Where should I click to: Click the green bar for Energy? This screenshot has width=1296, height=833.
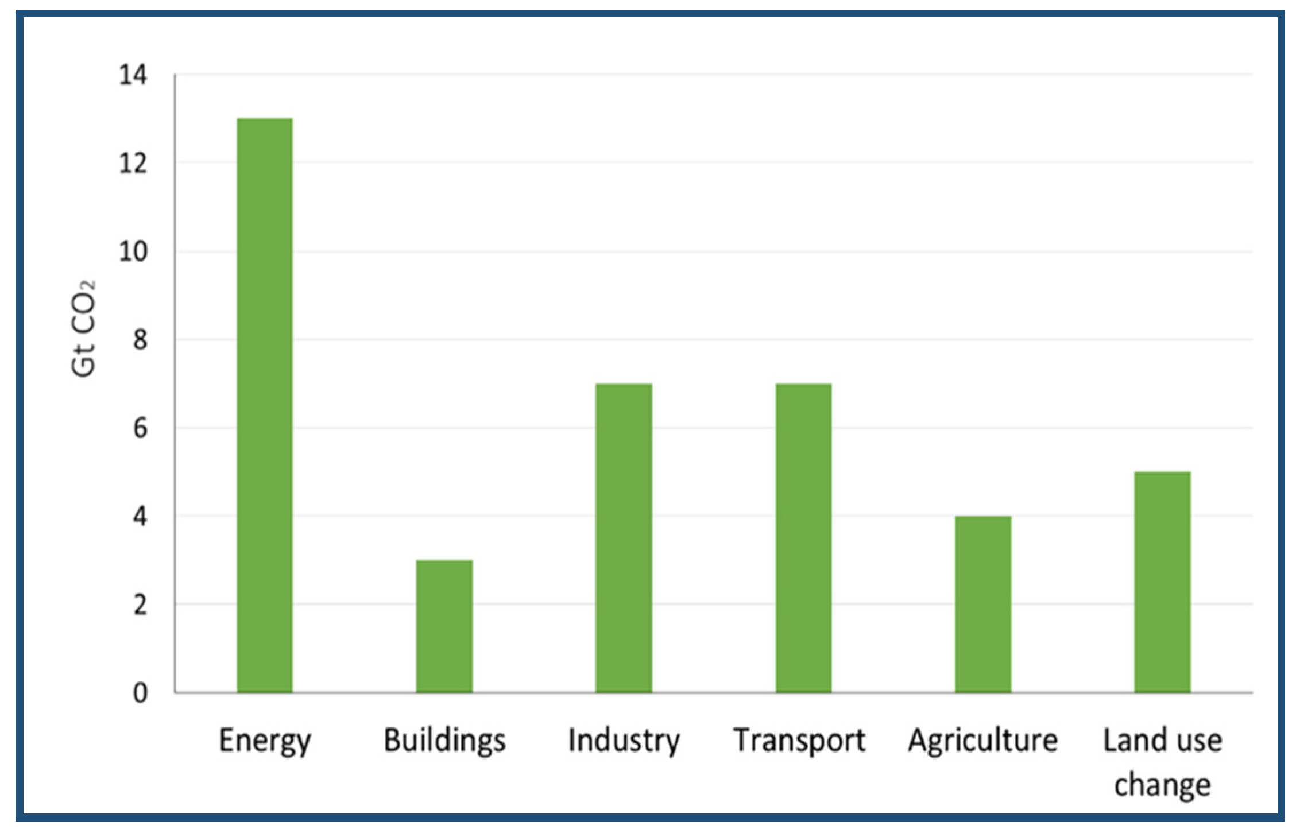pyautogui.click(x=265, y=405)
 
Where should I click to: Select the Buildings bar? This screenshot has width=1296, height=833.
pyautogui.click(x=444, y=626)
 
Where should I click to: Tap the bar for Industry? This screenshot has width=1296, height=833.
pyautogui.click(x=624, y=538)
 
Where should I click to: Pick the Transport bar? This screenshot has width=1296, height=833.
pyautogui.click(x=803, y=538)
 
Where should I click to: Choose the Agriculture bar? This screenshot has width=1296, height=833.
pyautogui.click(x=983, y=604)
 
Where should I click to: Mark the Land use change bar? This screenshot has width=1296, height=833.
pyautogui.click(x=1162, y=582)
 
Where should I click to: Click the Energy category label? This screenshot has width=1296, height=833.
pyautogui.click(x=265, y=741)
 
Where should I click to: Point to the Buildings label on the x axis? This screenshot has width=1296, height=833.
pyautogui.click(x=444, y=741)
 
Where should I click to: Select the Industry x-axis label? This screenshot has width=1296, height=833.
pyautogui.click(x=624, y=741)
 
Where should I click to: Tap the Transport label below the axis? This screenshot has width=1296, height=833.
pyautogui.click(x=799, y=741)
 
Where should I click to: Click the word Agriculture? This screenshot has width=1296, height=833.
pyautogui.click(x=982, y=741)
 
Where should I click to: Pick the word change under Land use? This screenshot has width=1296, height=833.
pyautogui.click(x=1162, y=785)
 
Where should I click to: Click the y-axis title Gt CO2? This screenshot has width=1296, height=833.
pyautogui.click(x=84, y=329)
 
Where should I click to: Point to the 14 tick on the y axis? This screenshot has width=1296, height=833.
pyautogui.click(x=133, y=75)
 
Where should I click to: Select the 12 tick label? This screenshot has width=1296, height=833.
pyautogui.click(x=133, y=164)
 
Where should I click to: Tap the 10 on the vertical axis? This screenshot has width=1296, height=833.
pyautogui.click(x=133, y=252)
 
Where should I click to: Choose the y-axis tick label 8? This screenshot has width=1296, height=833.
pyautogui.click(x=140, y=340)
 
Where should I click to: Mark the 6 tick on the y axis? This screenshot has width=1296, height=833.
pyautogui.click(x=140, y=428)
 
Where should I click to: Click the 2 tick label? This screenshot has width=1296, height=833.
pyautogui.click(x=140, y=605)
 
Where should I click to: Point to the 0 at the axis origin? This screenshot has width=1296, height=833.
pyautogui.click(x=140, y=693)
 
